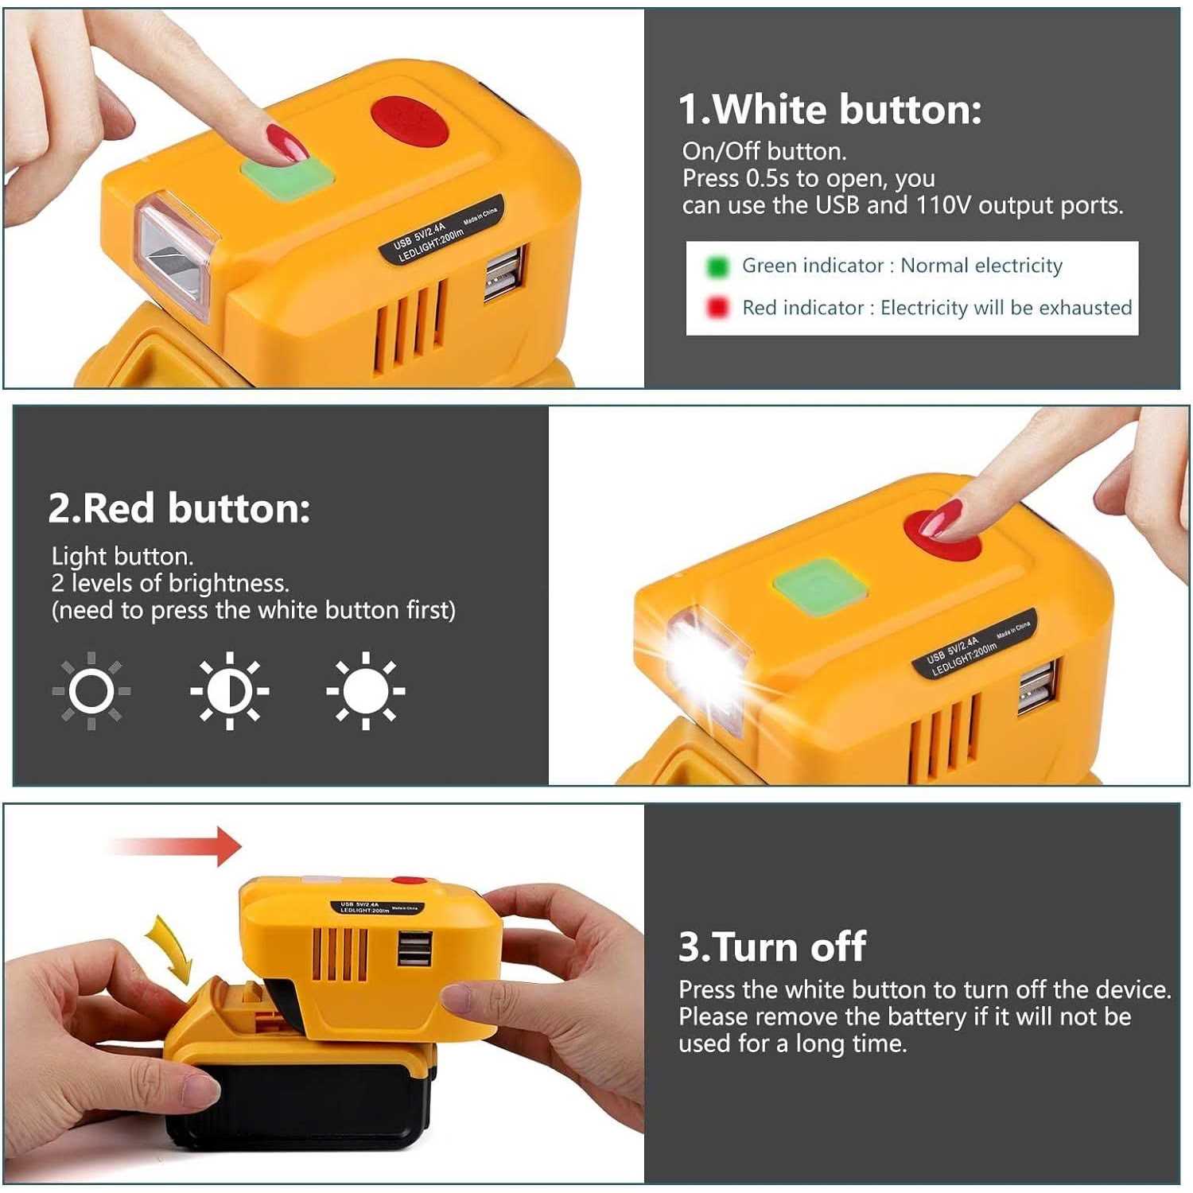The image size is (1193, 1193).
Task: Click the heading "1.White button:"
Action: pyautogui.click(x=830, y=109)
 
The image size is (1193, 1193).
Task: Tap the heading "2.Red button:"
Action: pyautogui.click(x=179, y=507)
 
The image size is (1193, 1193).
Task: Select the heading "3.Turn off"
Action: pyautogui.click(x=771, y=946)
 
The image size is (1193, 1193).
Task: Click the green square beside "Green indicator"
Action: pyautogui.click(x=717, y=266)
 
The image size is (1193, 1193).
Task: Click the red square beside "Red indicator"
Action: pyautogui.click(x=717, y=307)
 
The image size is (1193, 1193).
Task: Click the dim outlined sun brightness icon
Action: pyautogui.click(x=91, y=691)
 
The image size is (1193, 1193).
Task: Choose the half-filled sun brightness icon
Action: pyautogui.click(x=229, y=691)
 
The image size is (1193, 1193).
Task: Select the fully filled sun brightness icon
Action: pyautogui.click(x=366, y=691)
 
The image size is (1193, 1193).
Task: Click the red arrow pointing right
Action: pyautogui.click(x=175, y=846)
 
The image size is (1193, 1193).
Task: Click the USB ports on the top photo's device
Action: pyautogui.click(x=505, y=274)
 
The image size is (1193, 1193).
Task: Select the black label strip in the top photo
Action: pyautogui.click(x=441, y=231)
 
